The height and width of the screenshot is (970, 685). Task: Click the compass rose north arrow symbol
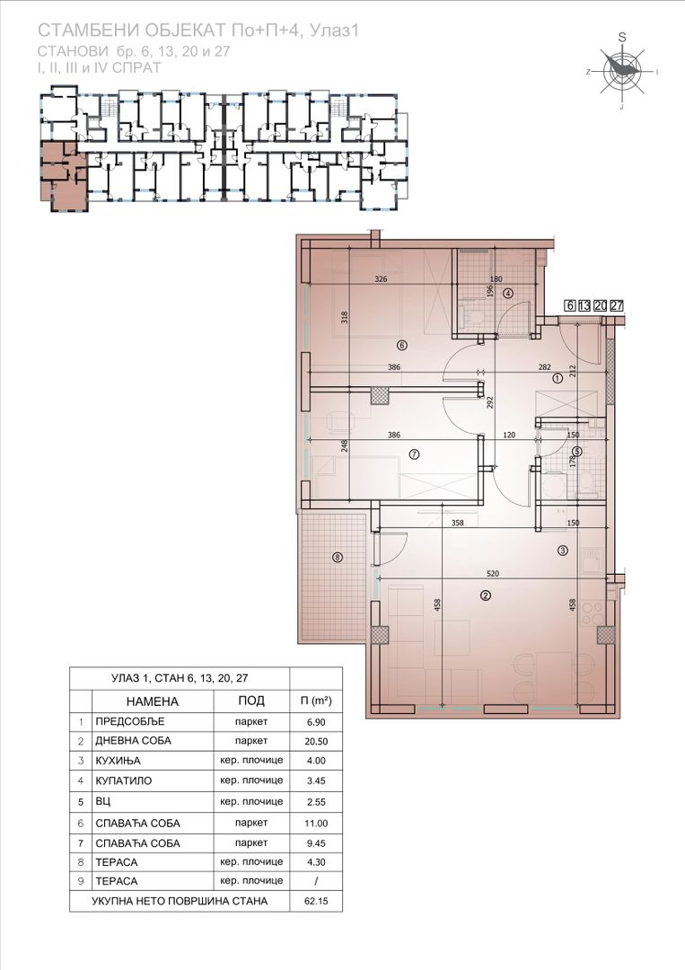[622, 67]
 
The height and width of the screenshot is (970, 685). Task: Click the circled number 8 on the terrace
[337, 558]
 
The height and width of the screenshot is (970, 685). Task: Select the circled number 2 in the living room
[486, 595]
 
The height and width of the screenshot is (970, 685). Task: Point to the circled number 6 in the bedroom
[401, 345]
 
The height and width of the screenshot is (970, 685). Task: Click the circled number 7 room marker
[414, 454]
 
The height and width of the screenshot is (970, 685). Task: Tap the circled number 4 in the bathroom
[508, 293]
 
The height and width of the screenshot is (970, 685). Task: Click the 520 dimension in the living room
[493, 573]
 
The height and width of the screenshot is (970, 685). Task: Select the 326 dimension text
[381, 279]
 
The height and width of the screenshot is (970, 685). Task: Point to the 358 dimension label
[458, 523]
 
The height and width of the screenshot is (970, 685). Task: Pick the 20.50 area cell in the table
[315, 741]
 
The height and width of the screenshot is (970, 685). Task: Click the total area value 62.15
[315, 901]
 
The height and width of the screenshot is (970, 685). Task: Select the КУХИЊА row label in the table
[119, 761]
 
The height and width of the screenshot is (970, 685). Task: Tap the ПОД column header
[251, 701]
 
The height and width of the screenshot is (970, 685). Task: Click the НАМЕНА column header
[152, 701]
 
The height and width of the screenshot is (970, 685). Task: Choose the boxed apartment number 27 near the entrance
[617, 305]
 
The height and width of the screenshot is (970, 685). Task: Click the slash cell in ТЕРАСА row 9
[315, 881]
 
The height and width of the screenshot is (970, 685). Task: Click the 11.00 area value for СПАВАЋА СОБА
[315, 824]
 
